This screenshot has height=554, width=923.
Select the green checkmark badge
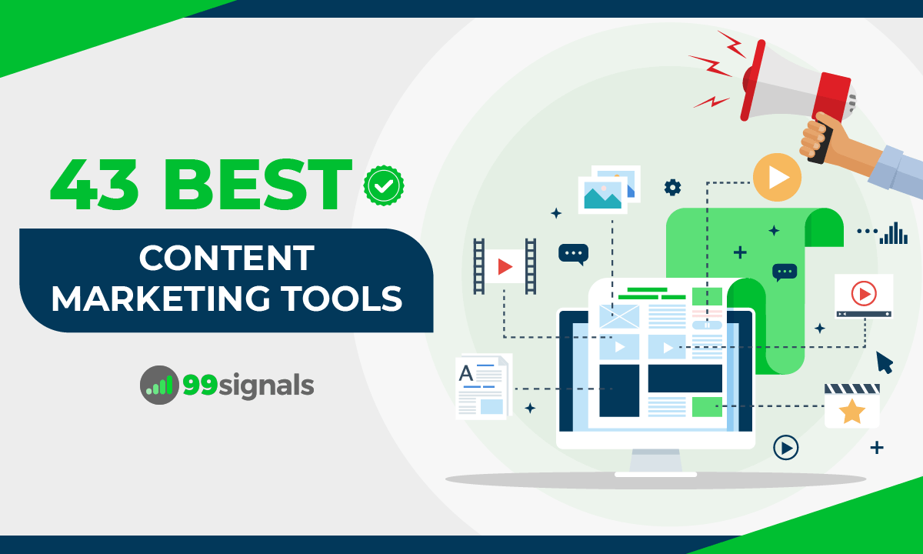[x=384, y=185]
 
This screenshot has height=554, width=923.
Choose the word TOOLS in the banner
[x=351, y=298]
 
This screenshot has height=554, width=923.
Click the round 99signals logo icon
[x=159, y=385]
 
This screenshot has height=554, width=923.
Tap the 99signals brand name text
[x=248, y=385]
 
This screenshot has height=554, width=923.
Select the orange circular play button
[x=777, y=178]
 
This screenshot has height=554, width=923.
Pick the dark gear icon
[x=672, y=187]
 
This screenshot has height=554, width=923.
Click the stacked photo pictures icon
[x=608, y=189]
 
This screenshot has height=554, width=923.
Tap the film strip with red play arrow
[x=505, y=266]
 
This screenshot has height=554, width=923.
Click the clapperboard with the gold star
[x=851, y=405]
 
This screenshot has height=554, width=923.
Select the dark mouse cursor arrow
[x=885, y=362]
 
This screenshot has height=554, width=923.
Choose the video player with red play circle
[x=864, y=295]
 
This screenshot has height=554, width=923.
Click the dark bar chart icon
[x=894, y=232]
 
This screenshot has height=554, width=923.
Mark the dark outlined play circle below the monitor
[x=785, y=447]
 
